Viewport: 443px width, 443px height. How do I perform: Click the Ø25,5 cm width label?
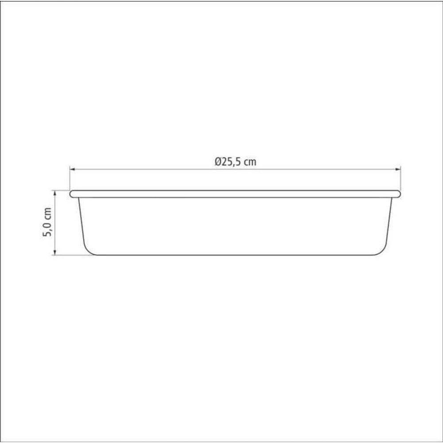coord(235,162)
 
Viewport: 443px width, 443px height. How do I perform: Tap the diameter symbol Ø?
coord(217,162)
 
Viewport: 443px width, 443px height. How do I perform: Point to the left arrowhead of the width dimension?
coord(72,169)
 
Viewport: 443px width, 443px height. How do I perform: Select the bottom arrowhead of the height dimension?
coord(55,253)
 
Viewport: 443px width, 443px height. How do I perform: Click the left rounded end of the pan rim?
coord(71,194)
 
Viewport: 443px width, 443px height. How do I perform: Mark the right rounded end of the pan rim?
coord(399,194)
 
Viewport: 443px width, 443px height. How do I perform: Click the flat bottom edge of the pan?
coord(235,255)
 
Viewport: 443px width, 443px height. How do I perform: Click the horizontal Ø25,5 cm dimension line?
coord(155,169)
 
